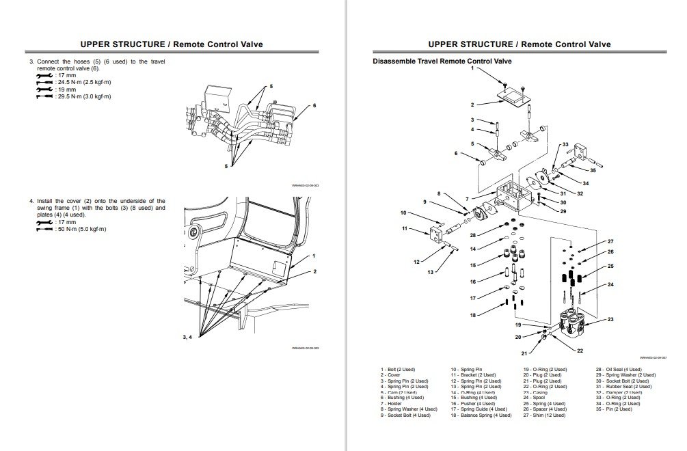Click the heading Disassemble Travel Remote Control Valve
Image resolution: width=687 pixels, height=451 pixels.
pos(442,61)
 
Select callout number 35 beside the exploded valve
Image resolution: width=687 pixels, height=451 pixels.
pos(592,170)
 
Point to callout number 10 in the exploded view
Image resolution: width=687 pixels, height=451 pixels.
pos(403,213)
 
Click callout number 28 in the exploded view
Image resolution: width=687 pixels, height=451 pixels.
pos(472,235)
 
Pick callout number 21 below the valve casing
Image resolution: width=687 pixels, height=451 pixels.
pos(524,353)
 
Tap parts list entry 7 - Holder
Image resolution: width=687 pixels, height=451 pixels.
pos(393,404)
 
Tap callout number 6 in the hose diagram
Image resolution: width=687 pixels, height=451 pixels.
pos(314,105)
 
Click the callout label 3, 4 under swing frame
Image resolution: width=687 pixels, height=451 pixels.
pos(187,337)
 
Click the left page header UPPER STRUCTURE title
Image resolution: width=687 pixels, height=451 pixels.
pos(171,44)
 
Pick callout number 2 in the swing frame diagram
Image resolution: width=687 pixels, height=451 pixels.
pos(314,272)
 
